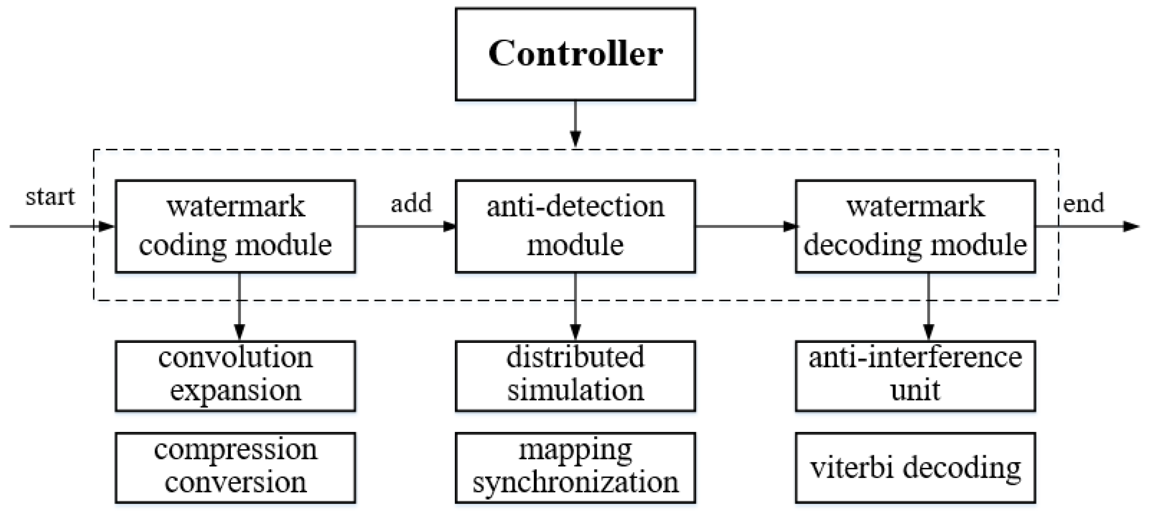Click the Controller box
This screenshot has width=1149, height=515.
pos(575,54)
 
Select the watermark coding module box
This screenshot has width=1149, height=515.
pos(235,226)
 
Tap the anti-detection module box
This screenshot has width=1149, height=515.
pos(575,226)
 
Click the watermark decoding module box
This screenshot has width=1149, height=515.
pos(915,226)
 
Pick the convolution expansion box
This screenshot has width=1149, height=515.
pos(235,375)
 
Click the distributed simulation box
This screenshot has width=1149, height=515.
pos(575,375)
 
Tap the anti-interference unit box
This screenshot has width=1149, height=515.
pos(915,375)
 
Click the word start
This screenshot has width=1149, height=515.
pos(50,197)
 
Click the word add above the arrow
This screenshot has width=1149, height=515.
pos(411,204)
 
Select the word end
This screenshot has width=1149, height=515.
pos(1083,204)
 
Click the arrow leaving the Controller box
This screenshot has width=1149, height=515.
pos(575,123)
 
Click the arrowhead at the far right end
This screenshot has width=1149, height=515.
pos(1131,226)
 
